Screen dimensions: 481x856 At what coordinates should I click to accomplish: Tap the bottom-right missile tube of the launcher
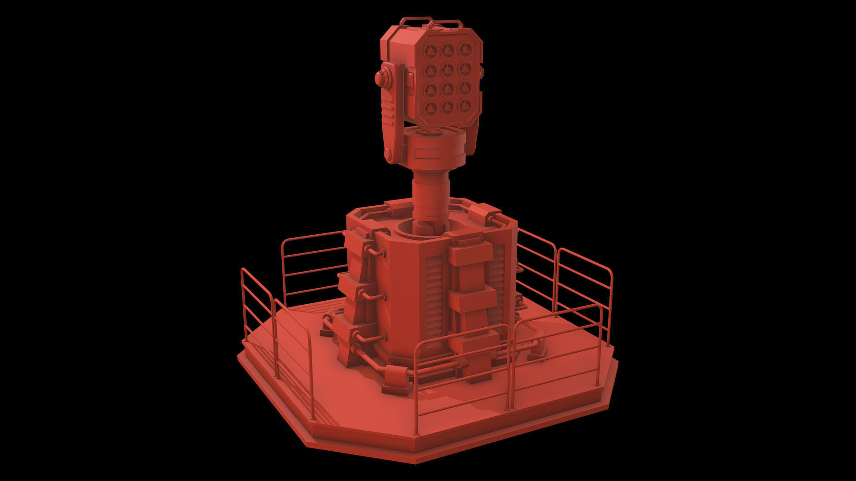click(x=464, y=106)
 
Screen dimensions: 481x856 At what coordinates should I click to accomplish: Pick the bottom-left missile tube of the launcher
click(x=431, y=106)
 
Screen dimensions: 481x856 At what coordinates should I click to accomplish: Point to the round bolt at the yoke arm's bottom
click(x=388, y=154)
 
